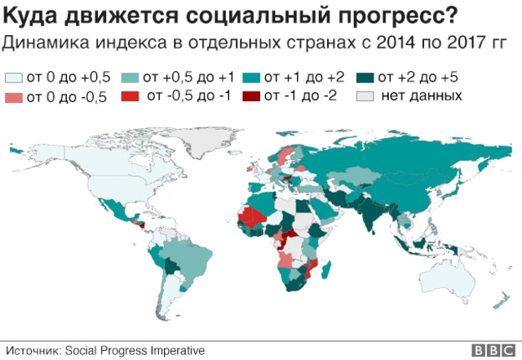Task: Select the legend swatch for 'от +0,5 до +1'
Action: [x=129, y=78]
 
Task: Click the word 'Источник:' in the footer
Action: [x=30, y=350]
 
